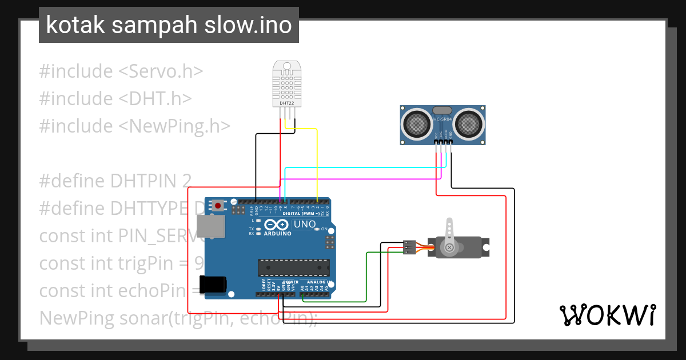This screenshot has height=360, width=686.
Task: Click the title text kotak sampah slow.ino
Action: pyautogui.click(x=169, y=26)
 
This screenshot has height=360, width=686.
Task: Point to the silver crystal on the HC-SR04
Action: pyautogui.click(x=443, y=110)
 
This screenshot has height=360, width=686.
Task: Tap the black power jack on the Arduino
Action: pyautogui.click(x=213, y=284)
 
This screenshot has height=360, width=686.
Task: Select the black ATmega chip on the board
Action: pyautogui.click(x=293, y=267)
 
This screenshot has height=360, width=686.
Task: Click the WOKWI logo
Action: pyautogui.click(x=607, y=315)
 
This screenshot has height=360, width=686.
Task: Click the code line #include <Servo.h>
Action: pyautogui.click(x=121, y=71)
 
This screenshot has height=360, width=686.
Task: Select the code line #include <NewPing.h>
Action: pyautogui.click(x=135, y=126)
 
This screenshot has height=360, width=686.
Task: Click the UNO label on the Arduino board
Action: pyautogui.click(x=305, y=224)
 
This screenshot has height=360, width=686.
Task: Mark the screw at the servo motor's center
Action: pyautogui.click(x=450, y=247)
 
